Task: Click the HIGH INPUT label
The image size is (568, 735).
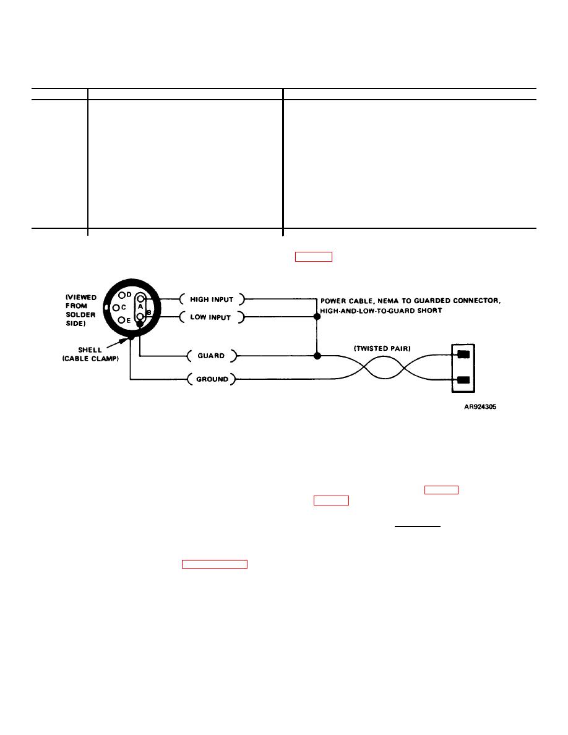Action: (x=212, y=299)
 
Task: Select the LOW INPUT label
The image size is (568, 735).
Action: (x=210, y=317)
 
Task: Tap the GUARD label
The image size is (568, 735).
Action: (x=211, y=356)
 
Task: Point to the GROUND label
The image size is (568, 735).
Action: (x=212, y=379)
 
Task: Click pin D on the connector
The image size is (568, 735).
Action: (x=122, y=295)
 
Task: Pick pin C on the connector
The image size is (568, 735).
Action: (x=116, y=307)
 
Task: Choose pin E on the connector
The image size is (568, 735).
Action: (x=121, y=320)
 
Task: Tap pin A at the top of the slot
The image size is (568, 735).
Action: (x=140, y=299)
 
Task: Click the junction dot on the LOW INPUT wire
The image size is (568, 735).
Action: (x=317, y=316)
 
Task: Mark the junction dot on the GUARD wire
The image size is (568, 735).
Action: (x=317, y=356)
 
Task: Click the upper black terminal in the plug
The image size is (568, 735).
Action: (x=463, y=355)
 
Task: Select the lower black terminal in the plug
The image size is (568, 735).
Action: (x=463, y=380)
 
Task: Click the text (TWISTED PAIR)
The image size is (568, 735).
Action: (x=382, y=348)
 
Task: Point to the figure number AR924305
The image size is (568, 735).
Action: (x=480, y=407)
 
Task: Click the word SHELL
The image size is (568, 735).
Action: (x=90, y=350)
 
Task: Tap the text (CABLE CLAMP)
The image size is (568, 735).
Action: (x=90, y=359)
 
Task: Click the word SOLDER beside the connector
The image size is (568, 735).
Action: (x=80, y=314)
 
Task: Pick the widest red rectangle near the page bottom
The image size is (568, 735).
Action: (x=215, y=564)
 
